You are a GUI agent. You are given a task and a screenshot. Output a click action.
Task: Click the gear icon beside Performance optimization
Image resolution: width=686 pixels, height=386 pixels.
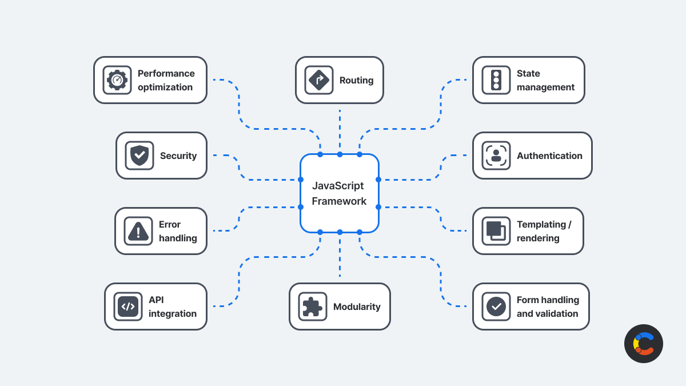(x=117, y=80)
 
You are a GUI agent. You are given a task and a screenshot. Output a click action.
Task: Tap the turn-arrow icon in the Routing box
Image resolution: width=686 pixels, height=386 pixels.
(x=318, y=80)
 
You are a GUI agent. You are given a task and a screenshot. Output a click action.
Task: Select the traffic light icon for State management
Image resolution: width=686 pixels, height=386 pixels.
(x=496, y=80)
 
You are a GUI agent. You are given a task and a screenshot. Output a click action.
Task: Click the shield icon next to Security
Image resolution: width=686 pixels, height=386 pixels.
(x=139, y=156)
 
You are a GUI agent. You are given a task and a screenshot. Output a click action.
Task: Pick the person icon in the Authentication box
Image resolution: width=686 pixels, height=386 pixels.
(x=496, y=156)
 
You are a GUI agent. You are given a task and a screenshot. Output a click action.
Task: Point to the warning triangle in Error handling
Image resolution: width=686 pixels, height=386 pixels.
(x=138, y=231)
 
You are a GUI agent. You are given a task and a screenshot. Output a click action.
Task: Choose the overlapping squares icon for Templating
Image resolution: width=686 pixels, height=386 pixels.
(x=496, y=231)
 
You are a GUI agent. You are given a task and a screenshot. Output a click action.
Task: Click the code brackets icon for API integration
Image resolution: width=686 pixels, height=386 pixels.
(x=128, y=307)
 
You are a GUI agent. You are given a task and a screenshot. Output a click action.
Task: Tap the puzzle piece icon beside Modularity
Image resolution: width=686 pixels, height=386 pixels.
(x=312, y=307)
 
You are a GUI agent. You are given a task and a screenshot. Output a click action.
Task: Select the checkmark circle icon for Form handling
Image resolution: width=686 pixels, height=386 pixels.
(x=496, y=307)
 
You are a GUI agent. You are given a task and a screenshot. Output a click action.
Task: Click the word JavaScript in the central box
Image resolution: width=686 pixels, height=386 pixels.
(x=338, y=186)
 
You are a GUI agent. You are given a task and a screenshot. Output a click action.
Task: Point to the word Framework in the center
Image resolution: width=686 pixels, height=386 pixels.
(x=339, y=201)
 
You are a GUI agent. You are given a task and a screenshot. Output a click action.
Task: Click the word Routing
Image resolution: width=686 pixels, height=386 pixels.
(x=356, y=81)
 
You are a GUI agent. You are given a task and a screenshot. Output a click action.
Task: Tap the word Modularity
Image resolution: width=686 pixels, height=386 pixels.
(x=357, y=307)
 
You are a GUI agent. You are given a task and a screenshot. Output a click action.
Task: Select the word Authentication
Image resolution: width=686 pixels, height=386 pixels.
(x=549, y=156)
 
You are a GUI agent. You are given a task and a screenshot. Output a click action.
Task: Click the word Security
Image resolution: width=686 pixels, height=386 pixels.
(x=178, y=156)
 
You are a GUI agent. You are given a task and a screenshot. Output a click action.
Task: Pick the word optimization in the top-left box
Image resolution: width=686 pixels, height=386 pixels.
(x=165, y=87)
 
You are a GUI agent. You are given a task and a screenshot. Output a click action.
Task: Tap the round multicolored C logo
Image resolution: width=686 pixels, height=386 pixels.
(x=644, y=344)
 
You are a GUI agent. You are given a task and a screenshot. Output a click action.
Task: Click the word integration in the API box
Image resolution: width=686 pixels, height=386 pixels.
(x=173, y=314)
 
